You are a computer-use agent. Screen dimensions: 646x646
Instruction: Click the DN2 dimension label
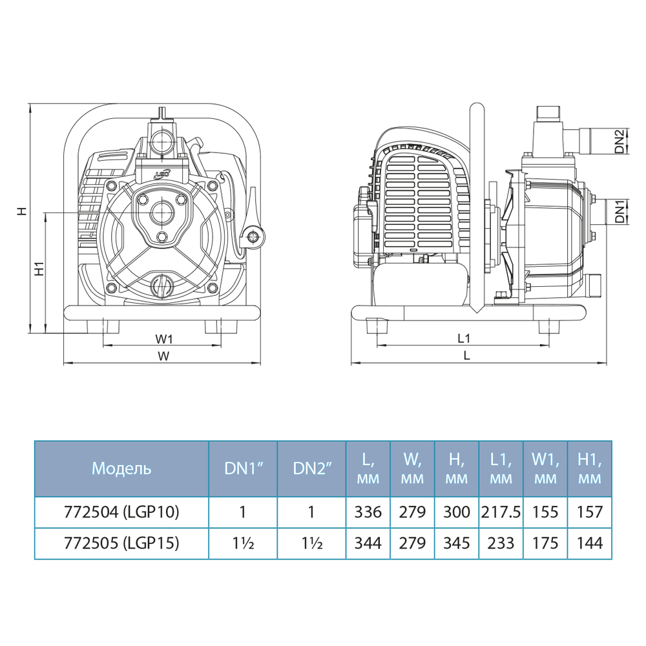pyautogui.click(x=620, y=141)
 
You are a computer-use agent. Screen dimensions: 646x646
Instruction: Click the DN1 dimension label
pyautogui.click(x=620, y=211)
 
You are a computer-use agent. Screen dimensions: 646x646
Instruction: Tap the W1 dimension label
pyautogui.click(x=164, y=339)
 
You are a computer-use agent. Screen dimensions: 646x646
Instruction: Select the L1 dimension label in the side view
pyautogui.click(x=464, y=339)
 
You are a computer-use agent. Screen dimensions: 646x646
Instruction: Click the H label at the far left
pyautogui.click(x=22, y=211)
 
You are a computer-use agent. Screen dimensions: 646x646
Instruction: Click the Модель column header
pyautogui.click(x=121, y=468)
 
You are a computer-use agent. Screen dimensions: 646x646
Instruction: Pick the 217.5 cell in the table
pyautogui.click(x=501, y=512)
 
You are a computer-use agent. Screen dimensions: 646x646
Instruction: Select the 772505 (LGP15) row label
pyautogui.click(x=121, y=543)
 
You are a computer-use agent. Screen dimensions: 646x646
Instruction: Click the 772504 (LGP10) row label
pyautogui.click(x=121, y=512)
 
